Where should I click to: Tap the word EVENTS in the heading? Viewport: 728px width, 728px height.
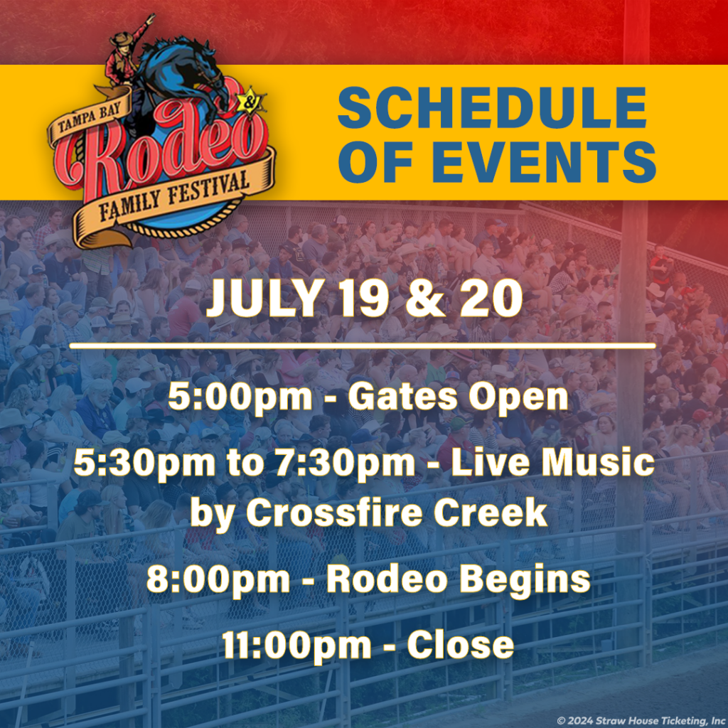[544, 161]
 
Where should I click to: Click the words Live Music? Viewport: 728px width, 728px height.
[552, 463]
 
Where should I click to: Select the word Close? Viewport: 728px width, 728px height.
[460, 645]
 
